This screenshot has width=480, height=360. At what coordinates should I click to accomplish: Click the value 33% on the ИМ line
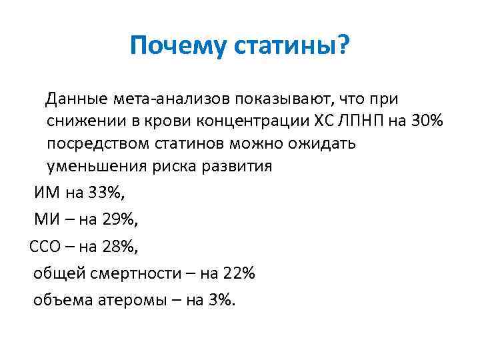point(105,193)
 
